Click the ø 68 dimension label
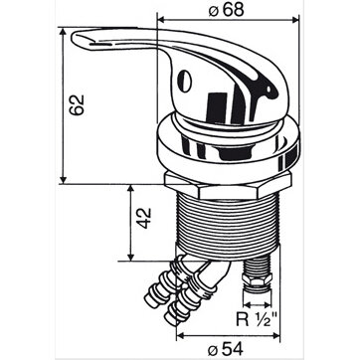point(227,10)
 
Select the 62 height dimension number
point(77,104)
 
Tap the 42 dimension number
point(144,218)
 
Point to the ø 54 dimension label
point(225,349)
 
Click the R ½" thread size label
point(257,319)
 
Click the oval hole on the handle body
point(183,81)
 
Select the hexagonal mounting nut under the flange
point(228,186)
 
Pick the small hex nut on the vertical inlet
point(257,279)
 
